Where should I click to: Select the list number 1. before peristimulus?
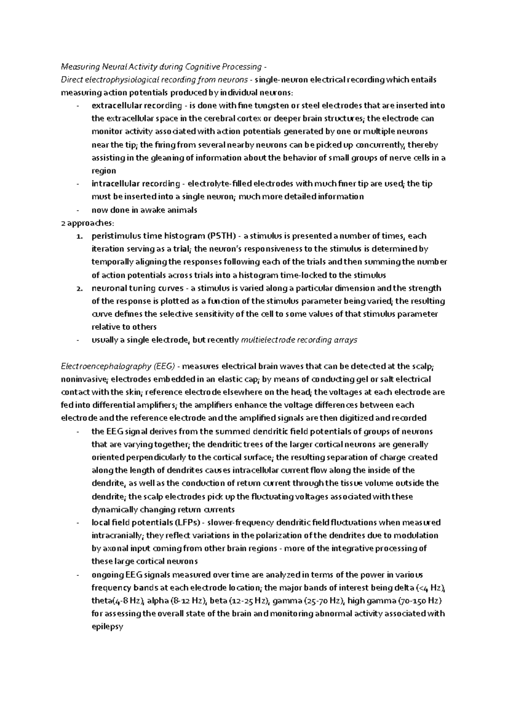click(80, 236)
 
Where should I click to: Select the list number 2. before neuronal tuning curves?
click(80, 288)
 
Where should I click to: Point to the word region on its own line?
click(104, 171)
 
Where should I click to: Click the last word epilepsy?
click(107, 627)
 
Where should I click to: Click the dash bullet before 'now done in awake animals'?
click(78, 210)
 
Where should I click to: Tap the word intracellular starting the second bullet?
click(115, 183)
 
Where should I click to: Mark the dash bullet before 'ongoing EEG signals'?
click(78, 575)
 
